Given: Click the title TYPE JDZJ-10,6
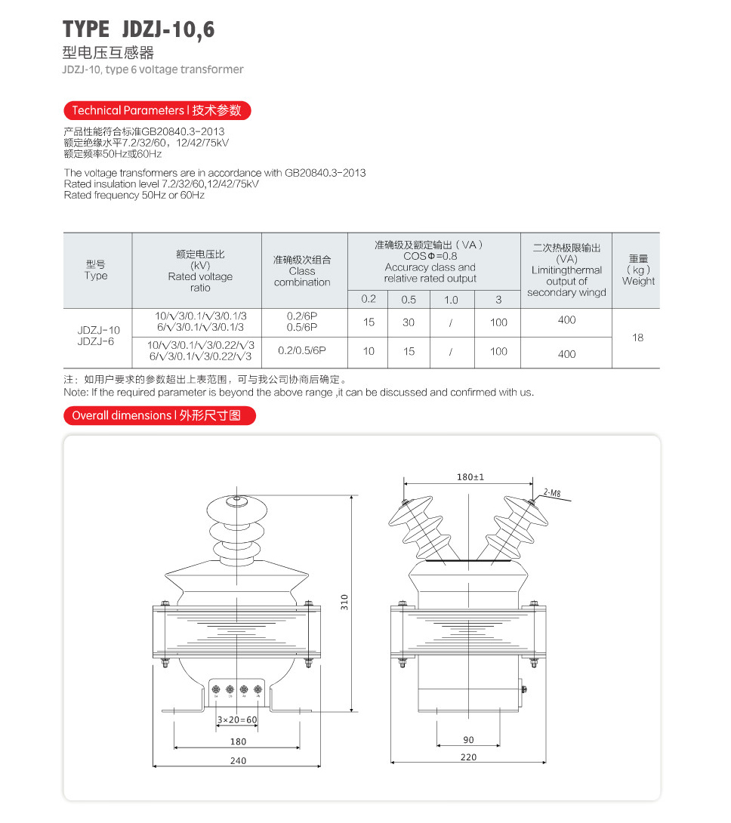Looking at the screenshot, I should click(x=139, y=29).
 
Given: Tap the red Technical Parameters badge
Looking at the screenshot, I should click(x=156, y=110).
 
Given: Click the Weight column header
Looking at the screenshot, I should click(x=638, y=270).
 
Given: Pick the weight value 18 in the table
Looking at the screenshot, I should click(x=638, y=338).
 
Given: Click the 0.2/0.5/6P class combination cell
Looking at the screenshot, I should click(x=302, y=350).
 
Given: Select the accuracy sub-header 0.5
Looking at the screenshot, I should click(x=409, y=300).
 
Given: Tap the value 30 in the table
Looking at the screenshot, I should click(x=409, y=322).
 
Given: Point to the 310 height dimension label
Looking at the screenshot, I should click(x=344, y=603).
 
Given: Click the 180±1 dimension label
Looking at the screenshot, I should click(x=470, y=477).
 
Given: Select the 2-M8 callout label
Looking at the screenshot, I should click(x=552, y=494).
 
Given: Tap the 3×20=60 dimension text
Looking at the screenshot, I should click(x=237, y=720).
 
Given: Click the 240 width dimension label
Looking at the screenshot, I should click(x=238, y=761).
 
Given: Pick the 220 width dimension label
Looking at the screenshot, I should click(x=469, y=757).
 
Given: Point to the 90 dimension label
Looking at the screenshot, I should click(x=469, y=740).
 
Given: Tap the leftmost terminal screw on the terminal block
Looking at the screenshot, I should click(x=217, y=690).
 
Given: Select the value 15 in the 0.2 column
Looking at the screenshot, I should click(x=369, y=322).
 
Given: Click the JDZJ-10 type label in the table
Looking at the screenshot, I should click(x=99, y=330).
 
